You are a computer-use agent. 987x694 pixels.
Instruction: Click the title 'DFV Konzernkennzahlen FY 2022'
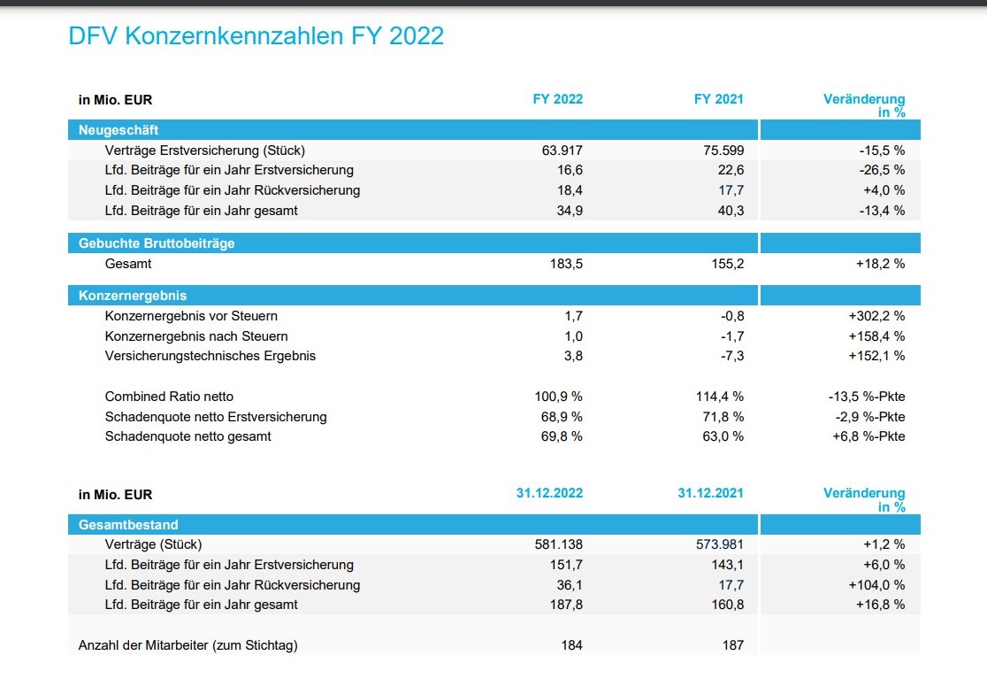256,36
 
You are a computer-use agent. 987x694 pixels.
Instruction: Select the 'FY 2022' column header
557,99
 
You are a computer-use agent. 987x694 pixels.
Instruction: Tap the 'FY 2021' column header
718,99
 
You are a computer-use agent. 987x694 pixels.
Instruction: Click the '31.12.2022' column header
549,494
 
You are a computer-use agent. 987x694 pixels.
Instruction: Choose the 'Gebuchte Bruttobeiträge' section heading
157,243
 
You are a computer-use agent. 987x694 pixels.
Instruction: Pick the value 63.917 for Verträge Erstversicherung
562,150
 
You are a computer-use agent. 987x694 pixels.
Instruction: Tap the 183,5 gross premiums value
567,264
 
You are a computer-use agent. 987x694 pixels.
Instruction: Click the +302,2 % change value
876,316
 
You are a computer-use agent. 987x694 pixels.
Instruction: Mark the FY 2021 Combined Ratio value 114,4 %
719,397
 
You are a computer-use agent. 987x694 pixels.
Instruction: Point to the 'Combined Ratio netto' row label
169,397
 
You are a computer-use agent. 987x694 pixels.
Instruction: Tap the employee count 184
572,645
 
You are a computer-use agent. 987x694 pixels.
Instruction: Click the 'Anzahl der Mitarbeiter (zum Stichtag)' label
188,645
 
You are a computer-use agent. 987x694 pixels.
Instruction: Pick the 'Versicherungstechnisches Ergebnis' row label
210,356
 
